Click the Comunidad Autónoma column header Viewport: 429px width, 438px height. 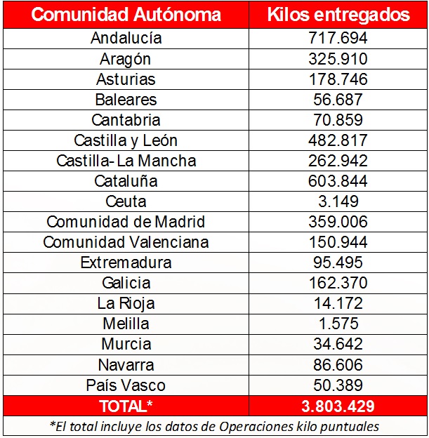click(126, 15)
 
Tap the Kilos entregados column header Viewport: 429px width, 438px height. click(338, 15)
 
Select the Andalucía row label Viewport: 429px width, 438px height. click(126, 39)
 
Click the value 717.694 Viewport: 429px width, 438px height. click(338, 39)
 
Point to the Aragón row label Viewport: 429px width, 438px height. click(126, 59)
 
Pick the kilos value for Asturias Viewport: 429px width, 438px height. click(338, 79)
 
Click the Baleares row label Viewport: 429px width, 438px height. click(126, 100)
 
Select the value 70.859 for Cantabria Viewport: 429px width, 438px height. click(338, 120)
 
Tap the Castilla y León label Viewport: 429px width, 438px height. click(126, 140)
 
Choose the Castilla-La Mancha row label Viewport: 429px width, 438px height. click(126, 161)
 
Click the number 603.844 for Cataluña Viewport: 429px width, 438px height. click(338, 181)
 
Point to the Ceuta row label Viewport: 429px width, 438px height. click(126, 201)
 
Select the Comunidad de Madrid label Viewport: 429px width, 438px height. click(126, 222)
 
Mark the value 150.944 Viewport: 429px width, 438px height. click(338, 242)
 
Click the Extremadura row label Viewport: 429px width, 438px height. click(126, 263)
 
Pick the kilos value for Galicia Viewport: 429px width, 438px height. click(338, 283)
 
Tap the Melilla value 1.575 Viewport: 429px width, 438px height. click(338, 324)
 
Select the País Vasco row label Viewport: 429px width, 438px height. click(126, 385)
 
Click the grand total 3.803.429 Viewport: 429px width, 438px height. click(338, 406)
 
